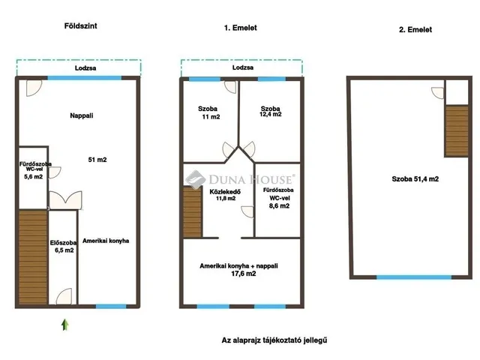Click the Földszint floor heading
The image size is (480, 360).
[x=80, y=26]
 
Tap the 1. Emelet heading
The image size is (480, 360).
[x=240, y=28]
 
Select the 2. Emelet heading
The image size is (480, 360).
[x=415, y=30]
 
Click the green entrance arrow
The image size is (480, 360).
[x=65, y=325]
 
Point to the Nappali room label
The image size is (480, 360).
[x=82, y=115]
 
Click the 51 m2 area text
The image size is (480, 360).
[x=97, y=160]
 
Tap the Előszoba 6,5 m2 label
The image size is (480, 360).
[x=63, y=247]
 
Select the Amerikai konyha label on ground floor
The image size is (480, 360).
[x=106, y=241]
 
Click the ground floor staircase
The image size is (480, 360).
[x=33, y=257]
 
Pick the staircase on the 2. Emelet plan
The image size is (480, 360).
[x=457, y=131]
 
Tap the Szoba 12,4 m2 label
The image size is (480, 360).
[x=271, y=111]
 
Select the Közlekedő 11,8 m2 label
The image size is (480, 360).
[x=225, y=195]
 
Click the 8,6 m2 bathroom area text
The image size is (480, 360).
[x=279, y=206]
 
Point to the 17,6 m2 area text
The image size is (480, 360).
[x=243, y=274]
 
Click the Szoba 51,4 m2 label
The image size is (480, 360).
[x=415, y=179]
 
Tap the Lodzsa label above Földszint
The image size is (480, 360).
[x=85, y=68]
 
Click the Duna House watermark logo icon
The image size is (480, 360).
[x=195, y=179]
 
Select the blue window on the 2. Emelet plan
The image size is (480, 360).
[x=413, y=277]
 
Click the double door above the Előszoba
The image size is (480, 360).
[x=65, y=200]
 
